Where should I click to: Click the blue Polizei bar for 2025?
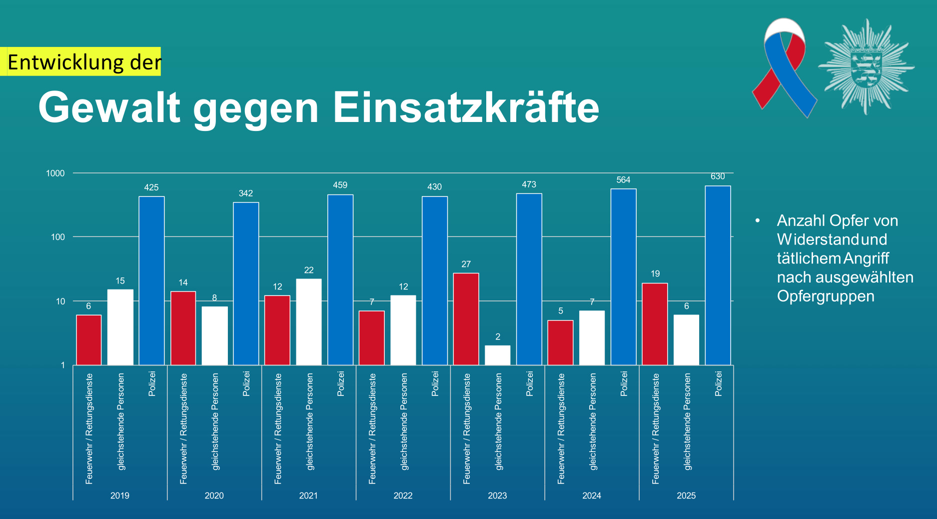(x=718, y=275)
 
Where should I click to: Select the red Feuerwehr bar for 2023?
(x=466, y=319)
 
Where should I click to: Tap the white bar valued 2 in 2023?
(x=497, y=355)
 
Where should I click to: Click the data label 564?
(x=623, y=180)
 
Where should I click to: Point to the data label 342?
(x=245, y=193)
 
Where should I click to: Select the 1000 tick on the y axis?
(x=55, y=173)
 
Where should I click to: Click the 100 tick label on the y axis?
(x=58, y=237)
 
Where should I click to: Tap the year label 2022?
(x=403, y=495)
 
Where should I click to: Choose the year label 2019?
(x=120, y=495)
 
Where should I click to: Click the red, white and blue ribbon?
(x=784, y=67)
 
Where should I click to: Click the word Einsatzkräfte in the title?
(x=466, y=107)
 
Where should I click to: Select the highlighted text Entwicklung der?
(x=84, y=62)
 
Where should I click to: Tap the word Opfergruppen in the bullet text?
(x=826, y=296)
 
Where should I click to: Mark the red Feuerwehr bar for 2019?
(x=88, y=340)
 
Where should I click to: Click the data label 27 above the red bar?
(x=466, y=264)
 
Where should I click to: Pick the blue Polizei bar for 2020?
(x=246, y=283)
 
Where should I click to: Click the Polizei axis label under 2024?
(x=624, y=383)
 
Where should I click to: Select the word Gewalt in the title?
(x=109, y=107)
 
